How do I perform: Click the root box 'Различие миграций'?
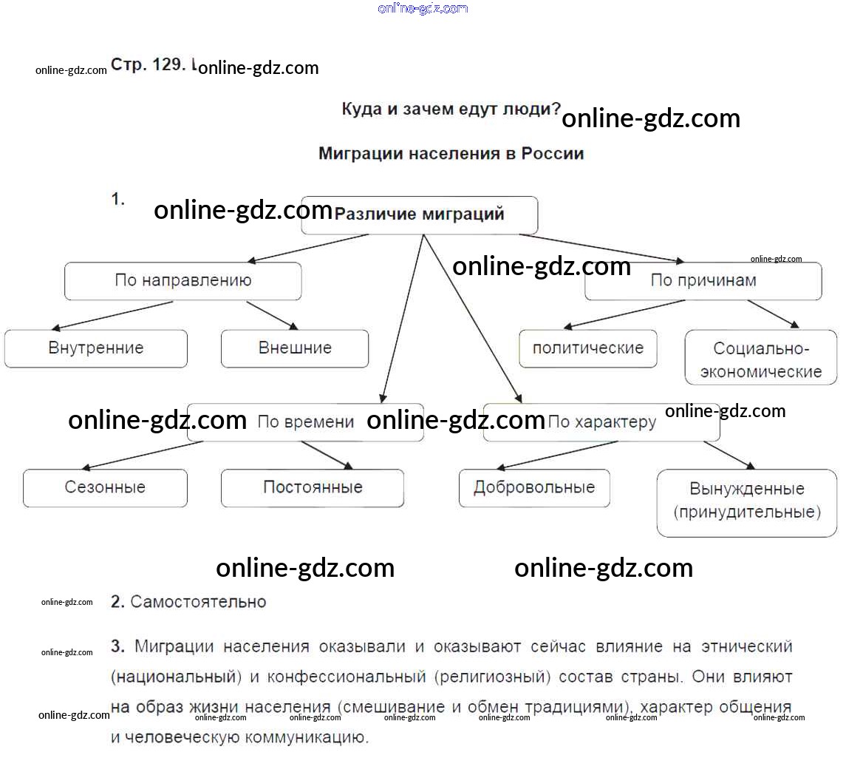point(419,215)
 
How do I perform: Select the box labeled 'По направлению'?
point(182,281)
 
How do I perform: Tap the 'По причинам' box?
point(703,281)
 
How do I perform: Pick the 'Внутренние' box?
point(96,348)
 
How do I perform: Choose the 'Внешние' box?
point(295,348)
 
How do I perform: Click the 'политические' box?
point(588,348)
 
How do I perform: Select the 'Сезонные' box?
point(105,488)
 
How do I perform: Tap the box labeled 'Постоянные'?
point(313,488)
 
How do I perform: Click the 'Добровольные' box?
point(534,488)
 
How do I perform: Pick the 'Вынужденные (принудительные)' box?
point(747,501)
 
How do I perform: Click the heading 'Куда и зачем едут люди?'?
point(451,109)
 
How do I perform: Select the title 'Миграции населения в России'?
point(451,154)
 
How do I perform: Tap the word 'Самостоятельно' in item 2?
point(198,602)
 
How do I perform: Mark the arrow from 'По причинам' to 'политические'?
point(624,314)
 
